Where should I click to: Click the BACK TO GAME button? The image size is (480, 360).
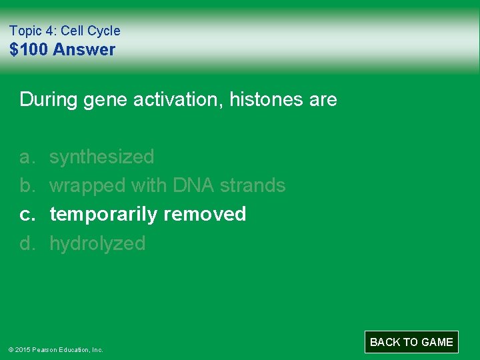(411, 342)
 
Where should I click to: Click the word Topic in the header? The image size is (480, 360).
(25, 31)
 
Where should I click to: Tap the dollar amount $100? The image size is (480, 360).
(29, 50)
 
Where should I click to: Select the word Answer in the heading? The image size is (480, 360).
(84, 50)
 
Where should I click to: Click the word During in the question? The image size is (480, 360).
(49, 100)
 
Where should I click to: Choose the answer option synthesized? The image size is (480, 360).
(101, 157)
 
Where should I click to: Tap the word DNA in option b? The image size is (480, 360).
(193, 185)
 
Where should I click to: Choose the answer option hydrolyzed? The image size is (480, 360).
(97, 243)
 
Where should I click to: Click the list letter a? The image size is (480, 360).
(27, 157)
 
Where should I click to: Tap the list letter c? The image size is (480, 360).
(27, 214)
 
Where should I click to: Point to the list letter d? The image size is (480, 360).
(27, 243)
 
